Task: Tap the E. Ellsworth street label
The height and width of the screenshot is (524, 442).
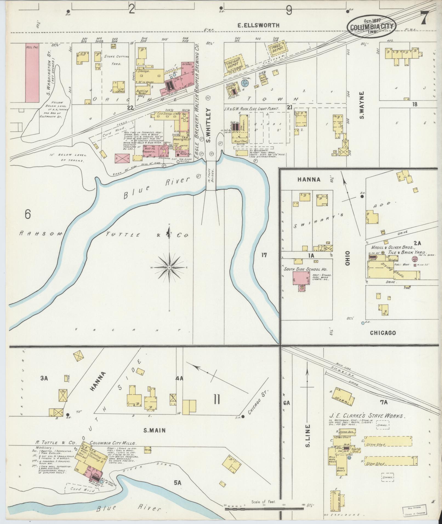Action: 258,25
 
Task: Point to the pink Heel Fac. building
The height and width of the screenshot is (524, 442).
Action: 33,72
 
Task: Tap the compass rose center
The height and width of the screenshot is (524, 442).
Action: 169,267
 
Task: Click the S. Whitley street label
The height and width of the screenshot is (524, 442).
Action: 209,125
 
